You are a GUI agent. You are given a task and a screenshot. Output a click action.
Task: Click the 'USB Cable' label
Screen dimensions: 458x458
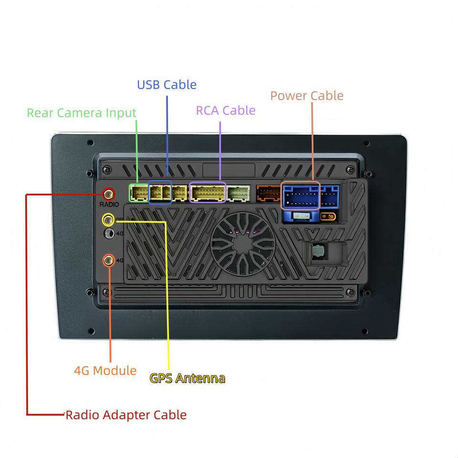point(167,85)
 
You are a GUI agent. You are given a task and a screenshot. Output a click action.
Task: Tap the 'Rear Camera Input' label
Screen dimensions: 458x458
point(82,113)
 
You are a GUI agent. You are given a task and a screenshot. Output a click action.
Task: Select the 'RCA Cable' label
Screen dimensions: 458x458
point(226,110)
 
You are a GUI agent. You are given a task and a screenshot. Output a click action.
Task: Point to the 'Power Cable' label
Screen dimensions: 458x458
point(307,95)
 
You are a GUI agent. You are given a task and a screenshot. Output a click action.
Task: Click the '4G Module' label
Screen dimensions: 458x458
point(105,370)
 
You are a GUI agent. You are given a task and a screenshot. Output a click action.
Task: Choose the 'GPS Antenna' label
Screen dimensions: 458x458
point(187,378)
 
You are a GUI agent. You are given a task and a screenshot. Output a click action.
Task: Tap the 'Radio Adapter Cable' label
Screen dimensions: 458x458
point(126,415)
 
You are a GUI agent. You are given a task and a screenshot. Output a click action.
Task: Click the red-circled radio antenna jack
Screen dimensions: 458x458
point(108,194)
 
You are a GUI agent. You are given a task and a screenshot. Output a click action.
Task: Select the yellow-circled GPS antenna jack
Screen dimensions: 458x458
point(108,219)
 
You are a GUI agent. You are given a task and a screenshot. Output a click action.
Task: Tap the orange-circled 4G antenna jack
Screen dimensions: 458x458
point(109,260)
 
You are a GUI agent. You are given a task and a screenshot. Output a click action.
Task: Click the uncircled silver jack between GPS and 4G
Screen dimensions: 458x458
point(110,233)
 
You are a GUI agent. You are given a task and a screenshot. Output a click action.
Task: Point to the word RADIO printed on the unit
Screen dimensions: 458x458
point(109,205)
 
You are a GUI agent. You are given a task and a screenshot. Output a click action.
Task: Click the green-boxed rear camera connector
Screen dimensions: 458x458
point(139,193)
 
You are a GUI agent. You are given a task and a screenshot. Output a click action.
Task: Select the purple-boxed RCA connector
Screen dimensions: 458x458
point(208,192)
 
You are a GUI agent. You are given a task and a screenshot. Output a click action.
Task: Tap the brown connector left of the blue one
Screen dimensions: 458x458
point(269,193)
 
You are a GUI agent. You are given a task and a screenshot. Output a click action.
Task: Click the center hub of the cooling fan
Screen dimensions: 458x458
point(242,244)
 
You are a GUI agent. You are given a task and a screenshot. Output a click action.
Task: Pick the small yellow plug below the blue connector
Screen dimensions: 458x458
point(328,217)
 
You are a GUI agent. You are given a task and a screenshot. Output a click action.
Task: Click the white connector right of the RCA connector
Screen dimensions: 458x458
point(239,193)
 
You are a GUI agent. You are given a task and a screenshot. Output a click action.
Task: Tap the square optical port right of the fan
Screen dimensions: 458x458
point(318,251)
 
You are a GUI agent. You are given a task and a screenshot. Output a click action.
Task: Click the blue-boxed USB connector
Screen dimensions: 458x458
point(160,192)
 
